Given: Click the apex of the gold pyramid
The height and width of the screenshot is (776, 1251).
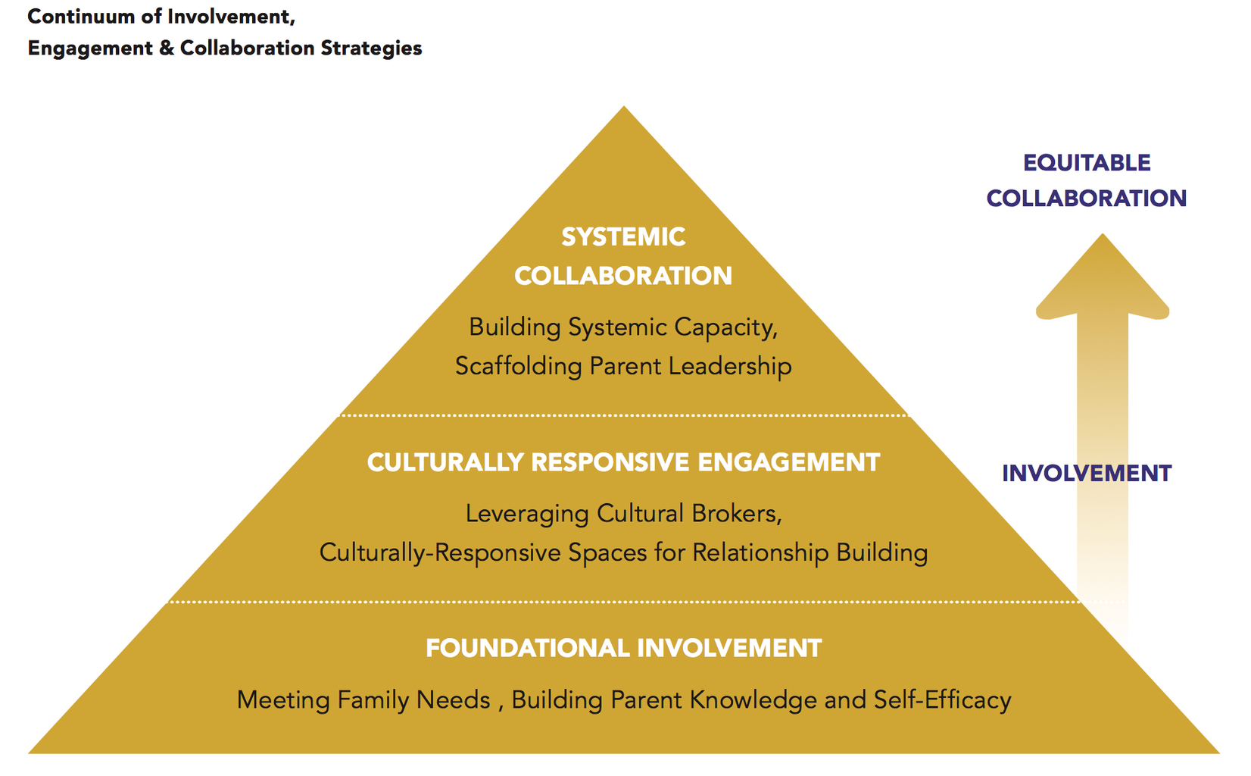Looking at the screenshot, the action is click(624, 106).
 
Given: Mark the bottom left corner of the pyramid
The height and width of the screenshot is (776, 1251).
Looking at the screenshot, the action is click(29, 753).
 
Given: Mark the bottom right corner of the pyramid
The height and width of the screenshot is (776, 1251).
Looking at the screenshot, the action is click(1220, 753).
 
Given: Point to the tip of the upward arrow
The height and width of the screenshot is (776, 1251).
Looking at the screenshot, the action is click(1103, 233).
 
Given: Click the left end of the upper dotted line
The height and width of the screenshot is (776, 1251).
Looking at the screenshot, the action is click(342, 415).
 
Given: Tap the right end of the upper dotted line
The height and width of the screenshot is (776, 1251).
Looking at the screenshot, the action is click(907, 415).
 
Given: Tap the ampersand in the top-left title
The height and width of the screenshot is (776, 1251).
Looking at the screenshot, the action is click(166, 48).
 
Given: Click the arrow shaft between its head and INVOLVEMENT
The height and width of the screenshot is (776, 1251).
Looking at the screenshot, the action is click(1103, 386).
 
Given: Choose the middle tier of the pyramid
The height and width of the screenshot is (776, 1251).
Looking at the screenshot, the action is click(624, 508).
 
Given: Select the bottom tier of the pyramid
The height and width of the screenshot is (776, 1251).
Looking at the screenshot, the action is click(624, 677).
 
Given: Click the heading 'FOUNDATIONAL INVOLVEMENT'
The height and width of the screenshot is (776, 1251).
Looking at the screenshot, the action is click(624, 649).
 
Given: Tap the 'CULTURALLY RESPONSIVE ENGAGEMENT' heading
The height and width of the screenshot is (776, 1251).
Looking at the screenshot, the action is click(624, 462).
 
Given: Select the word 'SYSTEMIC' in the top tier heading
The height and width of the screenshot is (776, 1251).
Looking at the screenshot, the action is click(623, 237).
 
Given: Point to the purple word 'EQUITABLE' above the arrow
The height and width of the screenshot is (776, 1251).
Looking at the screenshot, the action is click(1087, 163).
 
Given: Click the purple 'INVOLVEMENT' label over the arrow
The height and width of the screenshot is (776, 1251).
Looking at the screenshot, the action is click(1087, 474).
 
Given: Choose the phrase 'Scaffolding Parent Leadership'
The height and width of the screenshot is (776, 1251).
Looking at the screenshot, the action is click(623, 367).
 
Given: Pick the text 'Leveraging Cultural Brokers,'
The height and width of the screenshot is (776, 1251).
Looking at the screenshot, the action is click(624, 514).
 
